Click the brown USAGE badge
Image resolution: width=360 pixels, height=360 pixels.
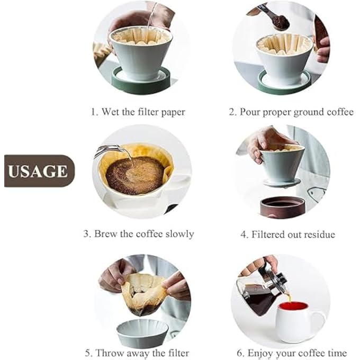39,171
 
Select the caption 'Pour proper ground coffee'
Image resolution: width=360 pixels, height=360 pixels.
291,112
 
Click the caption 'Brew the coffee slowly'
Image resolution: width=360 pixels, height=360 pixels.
139,233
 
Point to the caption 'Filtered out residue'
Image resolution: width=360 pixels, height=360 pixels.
288,234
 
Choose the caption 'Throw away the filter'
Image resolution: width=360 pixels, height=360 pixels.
137,353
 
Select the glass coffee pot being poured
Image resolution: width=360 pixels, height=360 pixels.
259,294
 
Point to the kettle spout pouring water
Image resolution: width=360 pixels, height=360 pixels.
109,151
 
